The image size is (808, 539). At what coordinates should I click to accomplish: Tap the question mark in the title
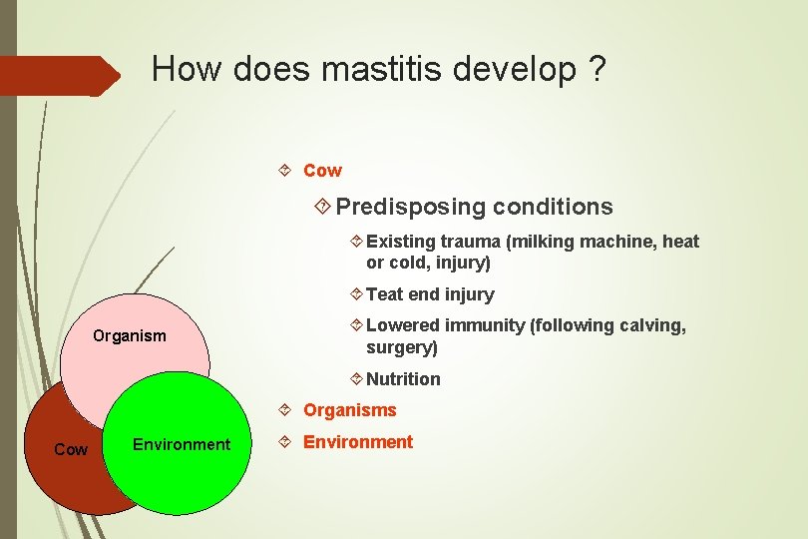596,69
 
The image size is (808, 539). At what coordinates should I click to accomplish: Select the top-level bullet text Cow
322,171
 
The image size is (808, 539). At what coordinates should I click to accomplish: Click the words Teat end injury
430,294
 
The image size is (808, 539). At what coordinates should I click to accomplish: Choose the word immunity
486,325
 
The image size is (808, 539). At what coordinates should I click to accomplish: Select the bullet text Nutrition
403,379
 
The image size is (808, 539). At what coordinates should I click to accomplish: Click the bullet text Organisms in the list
349,410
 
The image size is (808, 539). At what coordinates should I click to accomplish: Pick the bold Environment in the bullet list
357,442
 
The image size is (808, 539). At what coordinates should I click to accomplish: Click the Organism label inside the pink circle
130,335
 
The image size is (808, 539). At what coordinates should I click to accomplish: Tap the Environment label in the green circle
181,444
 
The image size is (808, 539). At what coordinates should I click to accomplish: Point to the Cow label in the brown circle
70,450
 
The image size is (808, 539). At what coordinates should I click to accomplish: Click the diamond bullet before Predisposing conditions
322,207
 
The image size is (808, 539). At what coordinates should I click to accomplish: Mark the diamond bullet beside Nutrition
357,379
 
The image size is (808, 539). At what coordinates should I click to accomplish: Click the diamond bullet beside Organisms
285,410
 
